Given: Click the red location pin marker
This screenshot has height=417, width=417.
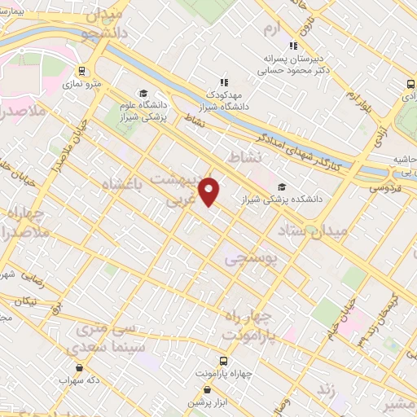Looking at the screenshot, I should click(210, 191).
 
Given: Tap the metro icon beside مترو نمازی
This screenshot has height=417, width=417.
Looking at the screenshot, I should click(81, 71).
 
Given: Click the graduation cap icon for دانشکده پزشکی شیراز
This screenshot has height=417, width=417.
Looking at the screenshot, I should click(281, 187).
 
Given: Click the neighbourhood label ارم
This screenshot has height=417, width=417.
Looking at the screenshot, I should click(271, 29).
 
